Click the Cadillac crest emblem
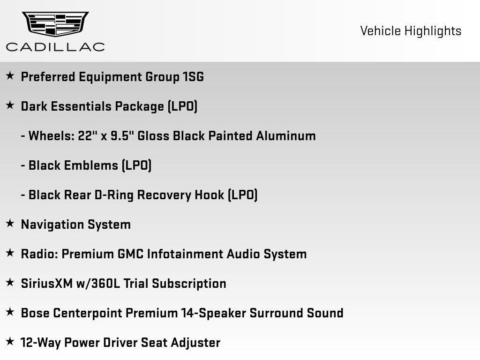click(x=55, y=24)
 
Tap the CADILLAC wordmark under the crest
click(x=55, y=46)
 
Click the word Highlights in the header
click(x=433, y=31)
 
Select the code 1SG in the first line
click(x=193, y=77)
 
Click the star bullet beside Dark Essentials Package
click(x=10, y=105)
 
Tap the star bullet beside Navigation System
click(x=10, y=224)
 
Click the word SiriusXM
click(x=46, y=284)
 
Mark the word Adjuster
click(x=195, y=343)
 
